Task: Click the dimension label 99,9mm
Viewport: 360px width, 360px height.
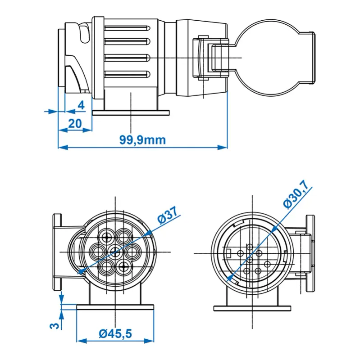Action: [143, 139]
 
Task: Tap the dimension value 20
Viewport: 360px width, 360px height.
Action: [74, 123]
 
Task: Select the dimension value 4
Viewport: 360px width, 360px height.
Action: [81, 105]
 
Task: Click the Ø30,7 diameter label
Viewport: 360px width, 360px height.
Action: [296, 194]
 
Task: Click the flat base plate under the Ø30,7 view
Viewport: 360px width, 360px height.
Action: [251, 308]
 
